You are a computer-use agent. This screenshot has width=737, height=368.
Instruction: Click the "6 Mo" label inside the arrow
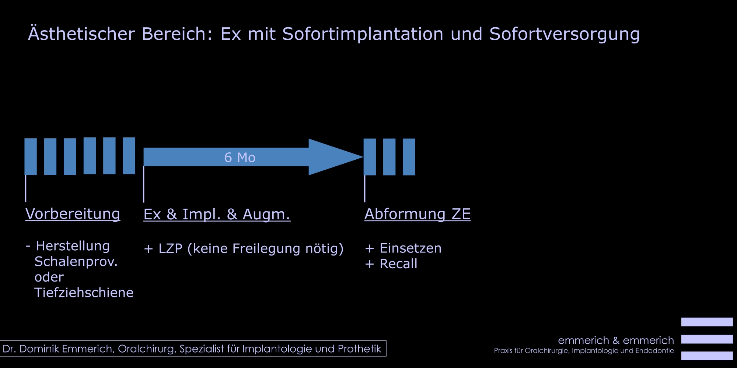240,158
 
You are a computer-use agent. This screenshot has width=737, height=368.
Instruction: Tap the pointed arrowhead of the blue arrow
363,157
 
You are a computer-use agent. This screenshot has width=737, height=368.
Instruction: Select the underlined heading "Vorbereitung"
73,214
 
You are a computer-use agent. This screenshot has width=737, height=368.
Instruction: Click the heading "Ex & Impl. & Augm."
217,214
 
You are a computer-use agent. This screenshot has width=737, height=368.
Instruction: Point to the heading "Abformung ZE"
418,214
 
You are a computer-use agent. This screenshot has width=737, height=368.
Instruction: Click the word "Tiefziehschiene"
84,293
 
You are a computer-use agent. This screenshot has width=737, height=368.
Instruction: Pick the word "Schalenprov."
76,262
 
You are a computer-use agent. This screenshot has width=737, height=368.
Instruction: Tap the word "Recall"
398,264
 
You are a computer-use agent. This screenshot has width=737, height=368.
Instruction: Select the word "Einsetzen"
411,248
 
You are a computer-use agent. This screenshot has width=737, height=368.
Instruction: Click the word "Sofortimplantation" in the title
363,34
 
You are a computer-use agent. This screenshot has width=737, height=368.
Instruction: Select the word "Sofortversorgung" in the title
564,34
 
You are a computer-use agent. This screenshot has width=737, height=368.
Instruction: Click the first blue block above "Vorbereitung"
31,157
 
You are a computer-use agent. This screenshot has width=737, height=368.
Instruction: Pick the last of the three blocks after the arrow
409,157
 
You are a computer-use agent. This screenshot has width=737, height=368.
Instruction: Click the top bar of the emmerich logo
707,322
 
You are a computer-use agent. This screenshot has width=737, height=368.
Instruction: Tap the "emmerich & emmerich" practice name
616,340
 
